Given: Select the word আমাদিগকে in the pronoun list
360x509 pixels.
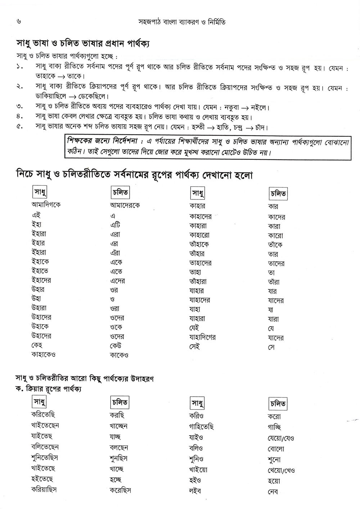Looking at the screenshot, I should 46,205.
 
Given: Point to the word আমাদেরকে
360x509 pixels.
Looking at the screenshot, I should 125,205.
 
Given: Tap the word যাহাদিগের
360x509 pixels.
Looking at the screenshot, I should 202,337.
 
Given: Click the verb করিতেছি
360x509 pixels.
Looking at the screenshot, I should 43,415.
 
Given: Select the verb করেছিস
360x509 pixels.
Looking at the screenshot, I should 120,490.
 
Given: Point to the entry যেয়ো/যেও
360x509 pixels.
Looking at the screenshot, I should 281,438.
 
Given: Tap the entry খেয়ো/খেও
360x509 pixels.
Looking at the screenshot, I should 281,470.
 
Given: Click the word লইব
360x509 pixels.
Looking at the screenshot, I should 195,490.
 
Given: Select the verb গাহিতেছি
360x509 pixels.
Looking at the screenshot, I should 201,427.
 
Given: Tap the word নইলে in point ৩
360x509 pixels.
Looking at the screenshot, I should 258,108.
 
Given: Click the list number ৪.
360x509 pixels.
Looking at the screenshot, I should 19,117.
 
